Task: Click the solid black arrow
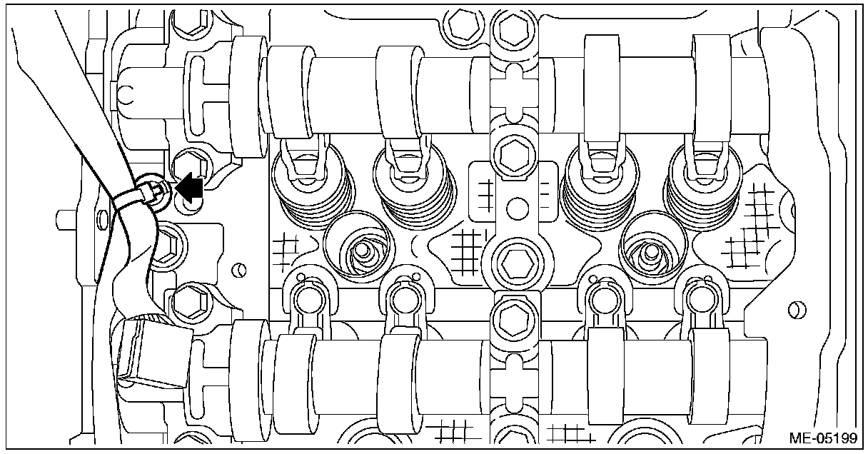tap(190, 188)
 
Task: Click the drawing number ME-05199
tap(821, 438)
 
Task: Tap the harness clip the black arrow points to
tap(156, 191)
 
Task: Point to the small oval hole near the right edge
tap(792, 311)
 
